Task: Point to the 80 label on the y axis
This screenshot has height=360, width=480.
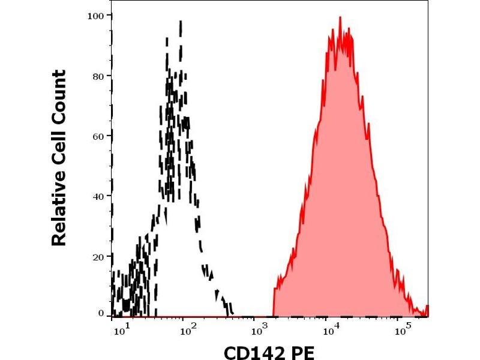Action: point(98,76)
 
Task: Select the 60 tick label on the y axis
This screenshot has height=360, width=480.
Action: point(98,136)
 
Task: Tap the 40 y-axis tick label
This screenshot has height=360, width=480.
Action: point(98,196)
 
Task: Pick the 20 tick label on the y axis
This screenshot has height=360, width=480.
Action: point(98,256)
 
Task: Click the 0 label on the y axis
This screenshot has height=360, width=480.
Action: point(101,313)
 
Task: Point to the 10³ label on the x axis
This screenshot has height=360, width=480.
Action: point(260,329)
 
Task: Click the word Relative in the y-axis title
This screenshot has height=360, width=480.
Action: point(59,213)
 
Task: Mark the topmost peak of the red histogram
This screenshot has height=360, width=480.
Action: point(340,18)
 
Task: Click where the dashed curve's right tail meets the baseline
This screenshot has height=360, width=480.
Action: point(232,314)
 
